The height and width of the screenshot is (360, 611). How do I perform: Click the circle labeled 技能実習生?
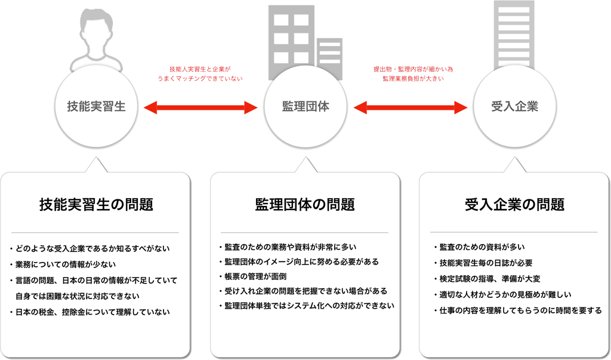click(96, 106)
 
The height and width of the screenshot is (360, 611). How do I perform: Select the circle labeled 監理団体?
click(305, 106)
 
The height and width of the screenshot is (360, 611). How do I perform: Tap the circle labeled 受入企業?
click(515, 106)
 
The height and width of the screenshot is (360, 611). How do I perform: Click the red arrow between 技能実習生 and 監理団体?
click(200, 107)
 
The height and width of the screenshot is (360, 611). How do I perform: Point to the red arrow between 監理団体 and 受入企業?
click(411, 107)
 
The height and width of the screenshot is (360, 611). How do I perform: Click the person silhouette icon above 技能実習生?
click(96, 39)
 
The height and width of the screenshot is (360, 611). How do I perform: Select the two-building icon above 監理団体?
click(305, 41)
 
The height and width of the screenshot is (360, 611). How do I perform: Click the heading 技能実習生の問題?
click(96, 204)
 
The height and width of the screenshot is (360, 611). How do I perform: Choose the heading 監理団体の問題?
click(305, 204)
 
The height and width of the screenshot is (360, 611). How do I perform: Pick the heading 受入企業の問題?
click(514, 204)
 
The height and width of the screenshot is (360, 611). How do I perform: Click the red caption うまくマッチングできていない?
click(200, 78)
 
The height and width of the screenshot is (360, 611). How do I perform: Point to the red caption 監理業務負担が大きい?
click(413, 78)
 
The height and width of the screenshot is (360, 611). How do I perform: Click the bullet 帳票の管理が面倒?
click(252, 276)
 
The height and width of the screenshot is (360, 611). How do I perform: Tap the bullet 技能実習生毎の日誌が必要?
click(483, 263)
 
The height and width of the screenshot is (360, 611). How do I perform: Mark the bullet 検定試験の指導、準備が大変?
click(487, 279)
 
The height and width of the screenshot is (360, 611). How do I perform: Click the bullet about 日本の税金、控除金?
click(90, 312)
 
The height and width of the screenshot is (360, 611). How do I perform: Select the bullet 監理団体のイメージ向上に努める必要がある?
click(299, 261)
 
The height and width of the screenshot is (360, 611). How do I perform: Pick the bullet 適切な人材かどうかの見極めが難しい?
click(497, 295)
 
